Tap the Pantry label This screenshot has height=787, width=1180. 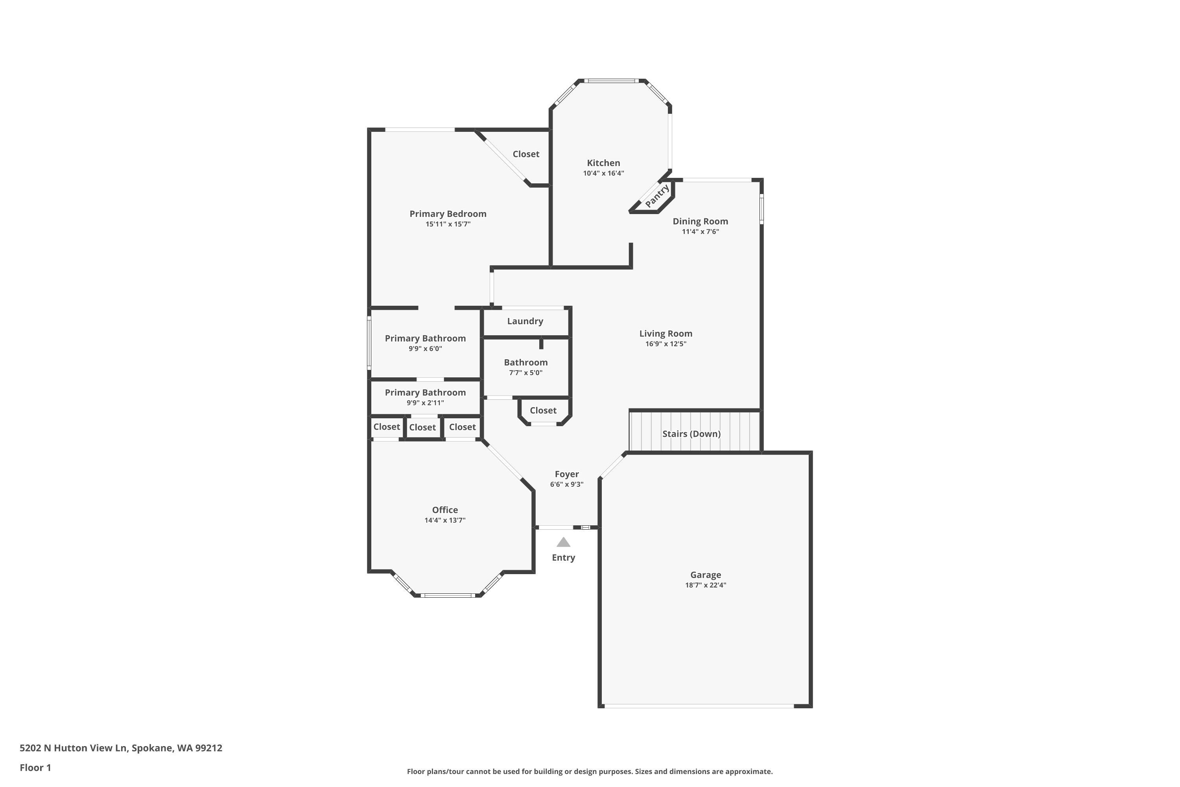point(657,196)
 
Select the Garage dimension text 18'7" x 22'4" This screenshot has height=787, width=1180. point(705,585)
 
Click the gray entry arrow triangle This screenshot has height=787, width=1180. point(563,543)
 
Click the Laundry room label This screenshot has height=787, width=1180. point(525,321)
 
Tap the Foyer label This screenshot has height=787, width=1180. point(566,474)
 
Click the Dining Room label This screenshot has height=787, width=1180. point(700,221)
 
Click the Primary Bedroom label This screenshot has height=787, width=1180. point(448,214)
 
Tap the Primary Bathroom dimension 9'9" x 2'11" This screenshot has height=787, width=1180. point(425,403)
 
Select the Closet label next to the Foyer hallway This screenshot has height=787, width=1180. point(543,410)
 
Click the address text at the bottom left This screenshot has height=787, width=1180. point(120,748)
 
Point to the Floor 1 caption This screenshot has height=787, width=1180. point(35,767)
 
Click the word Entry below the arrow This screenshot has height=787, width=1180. point(563,558)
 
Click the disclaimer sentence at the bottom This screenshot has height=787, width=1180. point(590,771)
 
